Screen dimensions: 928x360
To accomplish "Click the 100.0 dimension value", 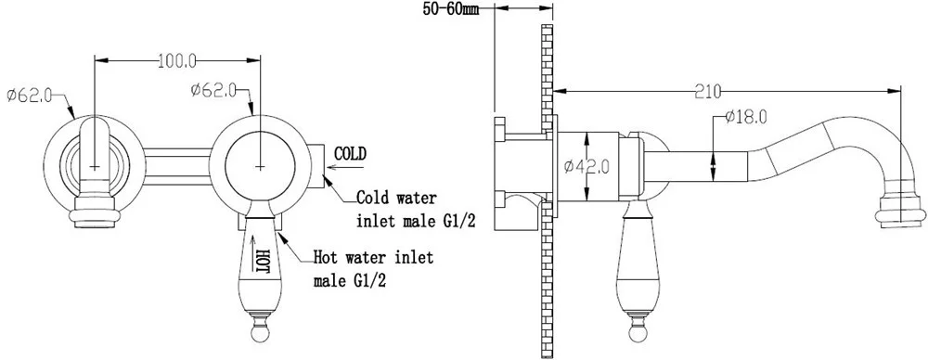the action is [x=177, y=59].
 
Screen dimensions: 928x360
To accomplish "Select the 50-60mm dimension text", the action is [x=450, y=9].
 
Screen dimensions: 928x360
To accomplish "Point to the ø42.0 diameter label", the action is [x=586, y=168].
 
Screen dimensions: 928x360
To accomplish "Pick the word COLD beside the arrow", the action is [x=350, y=153].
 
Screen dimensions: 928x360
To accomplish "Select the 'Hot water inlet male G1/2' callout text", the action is [x=373, y=268].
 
